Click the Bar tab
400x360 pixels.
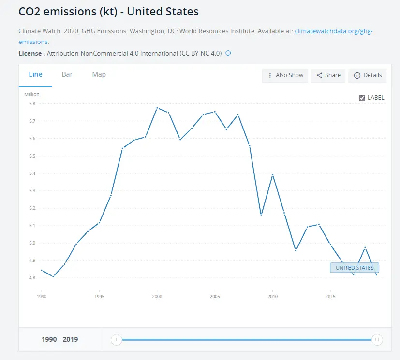click(67, 74)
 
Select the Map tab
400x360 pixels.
click(99, 74)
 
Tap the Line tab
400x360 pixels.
click(35, 74)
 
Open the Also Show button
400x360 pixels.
click(285, 75)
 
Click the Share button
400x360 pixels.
click(328, 75)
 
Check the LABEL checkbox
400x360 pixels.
click(362, 98)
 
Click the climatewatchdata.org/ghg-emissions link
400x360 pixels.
click(334, 31)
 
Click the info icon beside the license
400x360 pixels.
click(228, 53)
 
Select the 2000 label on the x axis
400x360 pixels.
click(157, 296)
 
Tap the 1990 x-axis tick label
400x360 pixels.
click(42, 296)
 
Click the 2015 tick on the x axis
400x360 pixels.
click(330, 296)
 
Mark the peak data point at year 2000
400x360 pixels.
click(157, 108)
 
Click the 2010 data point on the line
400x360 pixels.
click(273, 174)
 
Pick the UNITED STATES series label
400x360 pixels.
click(355, 268)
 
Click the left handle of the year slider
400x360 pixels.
click(116, 340)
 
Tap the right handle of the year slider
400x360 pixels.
click(377, 340)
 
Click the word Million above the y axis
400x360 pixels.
click(32, 94)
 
